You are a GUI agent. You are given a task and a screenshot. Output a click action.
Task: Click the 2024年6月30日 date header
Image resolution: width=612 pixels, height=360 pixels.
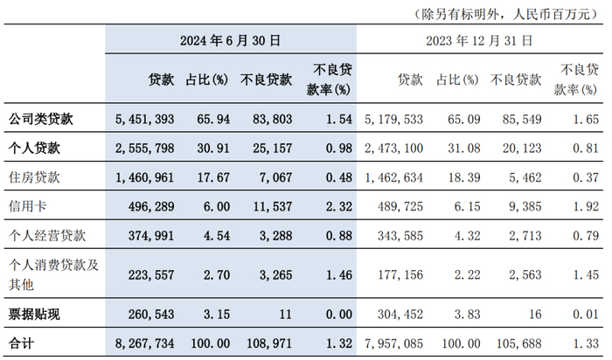click(x=230, y=40)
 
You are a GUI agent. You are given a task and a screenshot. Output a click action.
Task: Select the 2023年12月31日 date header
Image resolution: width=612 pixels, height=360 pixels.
click(x=479, y=40)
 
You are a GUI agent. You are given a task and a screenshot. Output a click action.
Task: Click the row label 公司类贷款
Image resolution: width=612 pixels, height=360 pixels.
click(x=41, y=119)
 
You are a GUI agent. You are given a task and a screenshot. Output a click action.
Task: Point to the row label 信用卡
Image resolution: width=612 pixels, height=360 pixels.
click(x=28, y=206)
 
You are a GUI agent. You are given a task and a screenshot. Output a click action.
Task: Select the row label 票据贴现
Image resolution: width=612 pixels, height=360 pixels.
click(x=34, y=314)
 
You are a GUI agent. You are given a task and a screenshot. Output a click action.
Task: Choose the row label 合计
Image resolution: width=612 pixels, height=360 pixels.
click(x=22, y=343)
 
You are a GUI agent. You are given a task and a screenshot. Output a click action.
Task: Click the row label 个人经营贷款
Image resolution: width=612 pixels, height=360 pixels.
click(x=47, y=235)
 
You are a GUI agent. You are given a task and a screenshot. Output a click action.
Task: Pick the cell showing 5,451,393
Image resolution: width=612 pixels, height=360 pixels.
click(x=145, y=119)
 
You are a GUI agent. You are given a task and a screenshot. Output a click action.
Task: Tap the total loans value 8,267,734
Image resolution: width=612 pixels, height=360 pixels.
click(x=145, y=343)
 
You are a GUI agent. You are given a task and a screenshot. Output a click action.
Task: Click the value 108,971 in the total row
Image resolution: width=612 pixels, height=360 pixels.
click(x=269, y=343)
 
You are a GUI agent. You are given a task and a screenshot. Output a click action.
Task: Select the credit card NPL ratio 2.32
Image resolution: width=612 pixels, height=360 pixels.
click(x=339, y=206)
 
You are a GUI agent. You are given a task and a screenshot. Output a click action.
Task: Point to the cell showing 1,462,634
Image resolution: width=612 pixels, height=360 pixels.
click(x=393, y=177)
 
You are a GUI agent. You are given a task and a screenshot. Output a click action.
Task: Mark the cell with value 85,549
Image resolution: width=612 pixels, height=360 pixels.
click(x=522, y=119)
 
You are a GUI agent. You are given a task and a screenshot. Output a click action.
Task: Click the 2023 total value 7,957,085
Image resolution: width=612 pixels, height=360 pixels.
click(x=393, y=343)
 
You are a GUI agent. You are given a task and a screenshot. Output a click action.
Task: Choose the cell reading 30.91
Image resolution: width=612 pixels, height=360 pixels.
click(x=213, y=149)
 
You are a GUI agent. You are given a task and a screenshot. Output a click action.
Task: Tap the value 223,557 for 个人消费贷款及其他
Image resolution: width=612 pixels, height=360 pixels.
click(x=151, y=275)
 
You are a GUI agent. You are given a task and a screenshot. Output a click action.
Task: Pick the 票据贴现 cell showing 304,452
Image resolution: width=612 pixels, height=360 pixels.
click(x=400, y=314)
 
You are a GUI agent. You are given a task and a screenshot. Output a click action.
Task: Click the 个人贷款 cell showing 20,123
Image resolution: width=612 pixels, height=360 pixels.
click(x=522, y=149)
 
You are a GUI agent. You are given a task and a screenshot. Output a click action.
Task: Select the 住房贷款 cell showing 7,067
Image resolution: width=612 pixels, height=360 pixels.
click(x=276, y=177)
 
